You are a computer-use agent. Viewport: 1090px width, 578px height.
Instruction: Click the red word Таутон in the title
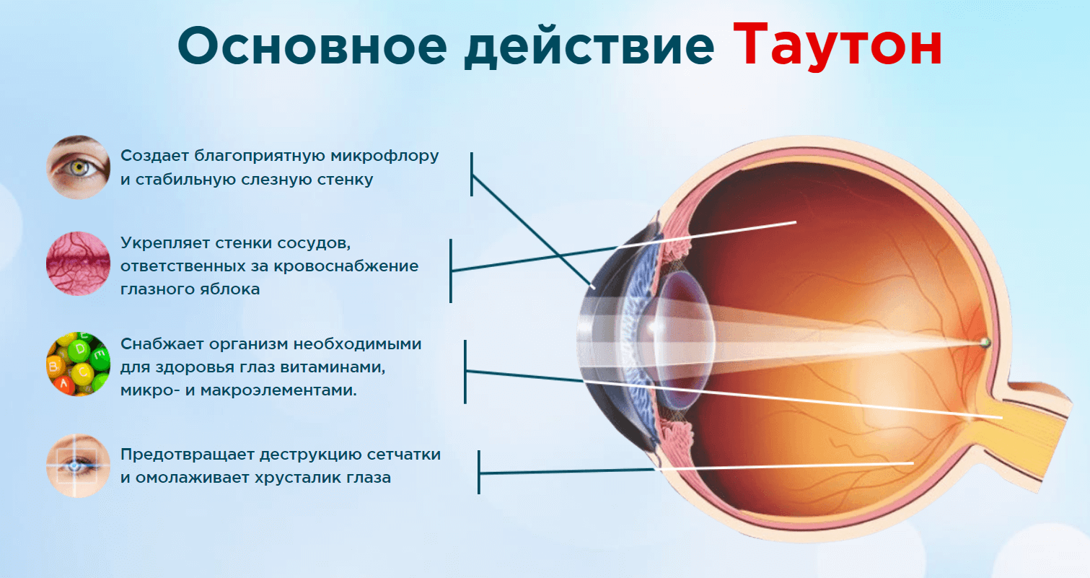click(838, 45)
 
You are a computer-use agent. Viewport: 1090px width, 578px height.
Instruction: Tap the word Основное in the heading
click(312, 46)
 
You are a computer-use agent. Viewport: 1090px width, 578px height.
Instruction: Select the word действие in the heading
click(589, 47)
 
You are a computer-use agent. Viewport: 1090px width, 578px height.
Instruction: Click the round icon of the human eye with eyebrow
click(78, 167)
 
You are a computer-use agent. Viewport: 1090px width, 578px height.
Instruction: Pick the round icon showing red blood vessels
click(78, 263)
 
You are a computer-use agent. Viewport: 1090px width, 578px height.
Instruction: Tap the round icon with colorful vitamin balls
click(78, 364)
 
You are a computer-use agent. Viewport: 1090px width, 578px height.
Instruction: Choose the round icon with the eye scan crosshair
click(78, 465)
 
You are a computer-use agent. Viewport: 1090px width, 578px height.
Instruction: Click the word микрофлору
click(384, 157)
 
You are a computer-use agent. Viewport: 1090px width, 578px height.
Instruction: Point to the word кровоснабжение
click(346, 266)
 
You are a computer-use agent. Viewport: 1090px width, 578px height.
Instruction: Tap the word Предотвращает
click(190, 455)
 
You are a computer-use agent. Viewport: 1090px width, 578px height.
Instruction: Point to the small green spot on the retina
click(985, 342)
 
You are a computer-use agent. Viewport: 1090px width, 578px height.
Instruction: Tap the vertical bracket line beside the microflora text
click(472, 175)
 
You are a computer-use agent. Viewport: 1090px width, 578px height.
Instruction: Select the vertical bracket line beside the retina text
click(479, 473)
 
